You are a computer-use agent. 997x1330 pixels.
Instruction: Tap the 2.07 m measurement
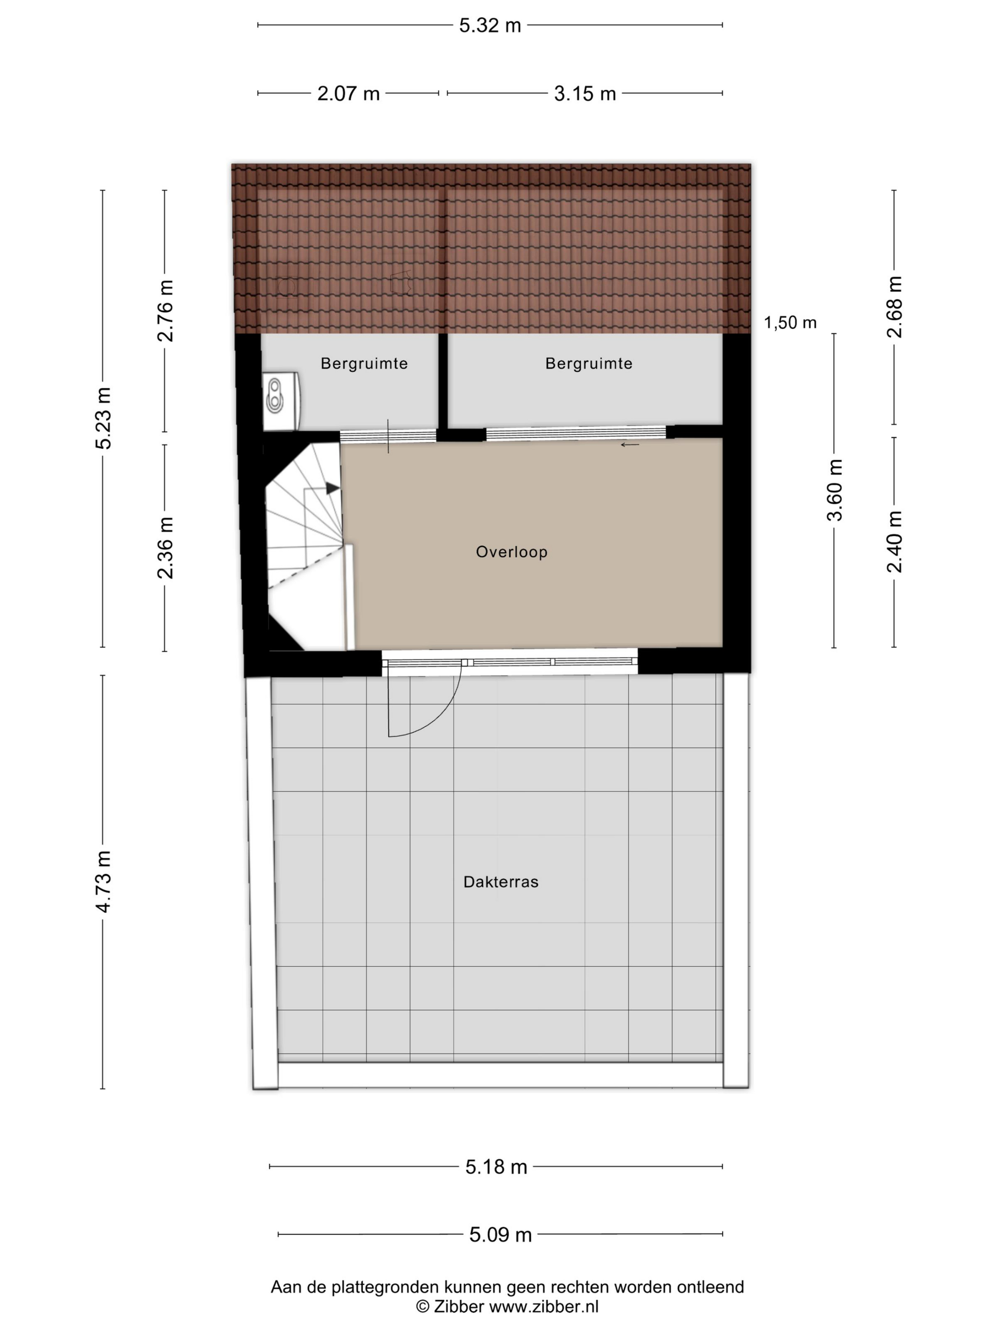(x=348, y=94)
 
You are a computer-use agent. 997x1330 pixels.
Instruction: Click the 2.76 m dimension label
(x=165, y=310)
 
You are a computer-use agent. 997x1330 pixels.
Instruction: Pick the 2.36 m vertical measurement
(x=165, y=547)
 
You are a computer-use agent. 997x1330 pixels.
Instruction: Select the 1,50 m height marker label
(x=790, y=323)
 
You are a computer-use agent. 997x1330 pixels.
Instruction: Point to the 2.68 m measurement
(x=894, y=307)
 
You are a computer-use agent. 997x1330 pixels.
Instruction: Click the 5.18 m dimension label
(x=496, y=1167)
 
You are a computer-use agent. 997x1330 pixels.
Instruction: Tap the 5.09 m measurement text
(x=500, y=1235)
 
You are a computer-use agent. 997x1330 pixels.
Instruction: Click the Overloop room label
(x=511, y=552)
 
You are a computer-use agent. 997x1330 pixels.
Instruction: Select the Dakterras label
(x=500, y=882)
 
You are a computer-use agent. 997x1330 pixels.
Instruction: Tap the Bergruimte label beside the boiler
(x=364, y=364)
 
